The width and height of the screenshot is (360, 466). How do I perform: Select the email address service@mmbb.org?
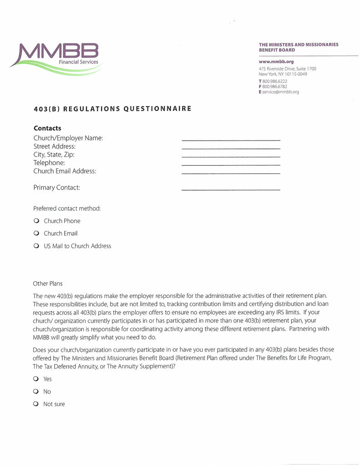280,92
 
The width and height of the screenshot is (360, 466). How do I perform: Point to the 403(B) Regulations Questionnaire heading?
112,109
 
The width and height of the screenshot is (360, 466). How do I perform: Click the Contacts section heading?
47,128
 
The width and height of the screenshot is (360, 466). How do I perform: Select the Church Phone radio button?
36,221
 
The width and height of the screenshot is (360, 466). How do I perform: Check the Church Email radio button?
36,233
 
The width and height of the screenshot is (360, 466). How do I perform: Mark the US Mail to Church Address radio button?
36,246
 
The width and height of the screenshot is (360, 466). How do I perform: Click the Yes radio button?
35,379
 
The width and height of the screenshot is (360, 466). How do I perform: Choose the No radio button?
35,391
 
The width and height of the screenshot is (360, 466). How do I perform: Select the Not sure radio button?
35,404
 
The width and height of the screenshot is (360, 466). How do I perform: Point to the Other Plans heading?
48,284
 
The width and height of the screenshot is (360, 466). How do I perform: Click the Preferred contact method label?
67,208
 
